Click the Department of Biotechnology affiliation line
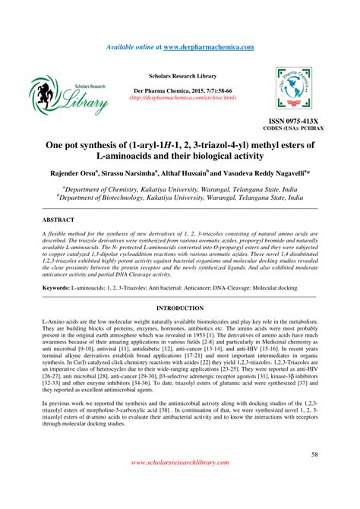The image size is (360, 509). [x=182, y=196]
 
